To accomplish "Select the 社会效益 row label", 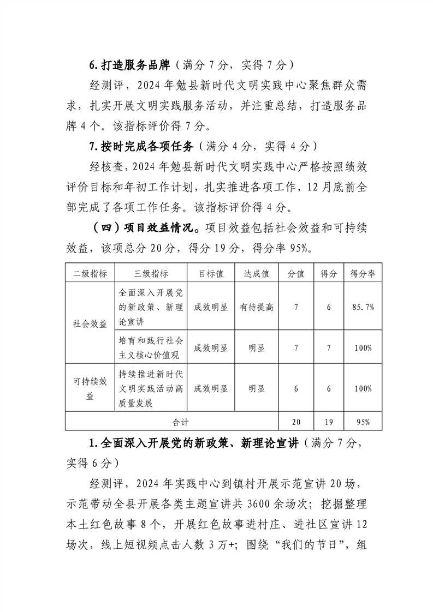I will click(x=90, y=323).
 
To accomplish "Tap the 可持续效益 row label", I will click(x=90, y=388).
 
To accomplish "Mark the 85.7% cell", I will click(x=362, y=307).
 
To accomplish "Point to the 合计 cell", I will click(x=171, y=421).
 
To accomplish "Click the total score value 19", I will click(x=329, y=421).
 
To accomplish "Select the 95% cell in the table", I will click(x=362, y=421).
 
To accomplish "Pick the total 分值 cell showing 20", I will click(x=296, y=421).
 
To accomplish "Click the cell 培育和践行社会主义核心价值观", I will click(x=151, y=347).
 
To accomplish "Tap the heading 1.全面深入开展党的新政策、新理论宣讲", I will click(x=193, y=443).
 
